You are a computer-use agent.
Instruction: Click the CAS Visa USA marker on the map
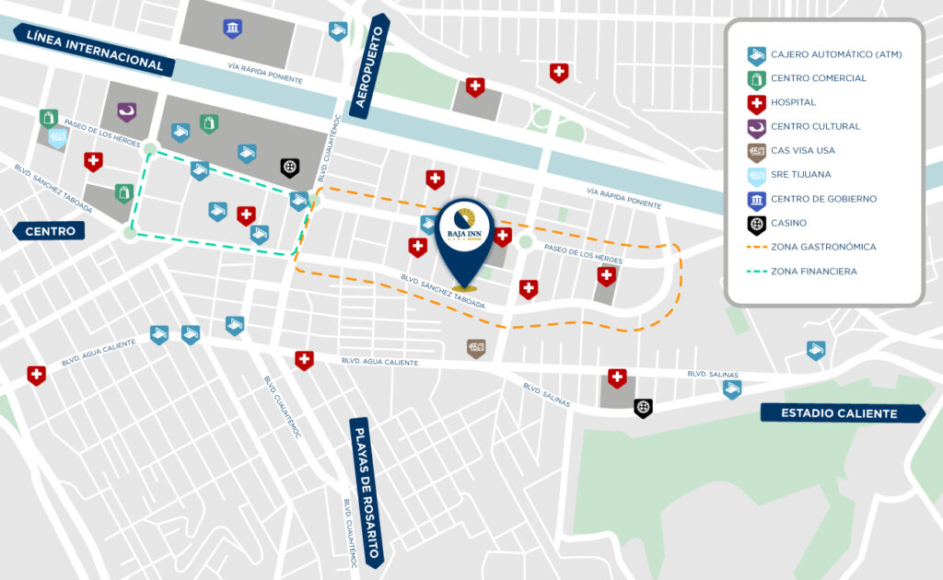476,348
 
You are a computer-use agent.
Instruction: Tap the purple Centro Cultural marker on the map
125,111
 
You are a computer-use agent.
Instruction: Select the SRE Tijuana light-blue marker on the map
57,138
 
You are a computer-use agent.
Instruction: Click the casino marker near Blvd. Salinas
643,406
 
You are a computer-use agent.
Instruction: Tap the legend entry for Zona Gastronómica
823,247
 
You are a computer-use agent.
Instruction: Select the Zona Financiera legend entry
814,271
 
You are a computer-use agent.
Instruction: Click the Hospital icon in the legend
756,102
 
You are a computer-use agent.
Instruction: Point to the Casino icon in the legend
756,223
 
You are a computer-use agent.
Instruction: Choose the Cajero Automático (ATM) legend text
836,54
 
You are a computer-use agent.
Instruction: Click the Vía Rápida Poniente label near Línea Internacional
265,72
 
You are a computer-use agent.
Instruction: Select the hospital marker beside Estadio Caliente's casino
617,377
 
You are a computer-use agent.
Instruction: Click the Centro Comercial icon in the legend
756,78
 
